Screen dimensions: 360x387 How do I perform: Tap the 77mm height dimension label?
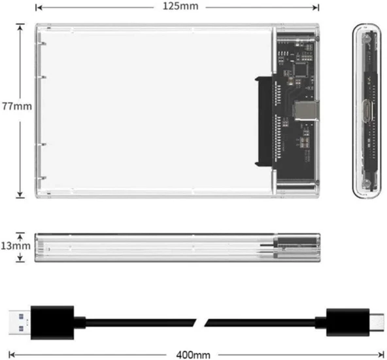click(x=14, y=105)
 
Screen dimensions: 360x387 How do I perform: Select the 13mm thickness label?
click(x=14, y=246)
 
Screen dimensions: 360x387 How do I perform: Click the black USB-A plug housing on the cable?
click(x=56, y=321)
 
